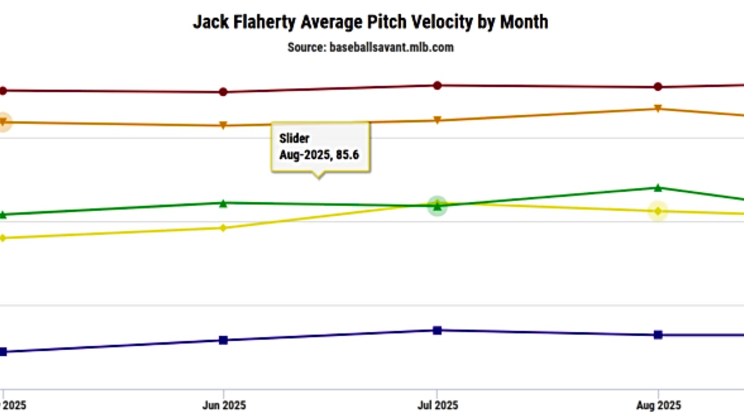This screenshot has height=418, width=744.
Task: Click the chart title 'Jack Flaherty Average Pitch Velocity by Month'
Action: click(x=371, y=22)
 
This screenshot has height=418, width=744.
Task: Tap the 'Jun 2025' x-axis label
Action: click(x=224, y=405)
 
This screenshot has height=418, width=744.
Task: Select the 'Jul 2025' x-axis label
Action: click(x=438, y=405)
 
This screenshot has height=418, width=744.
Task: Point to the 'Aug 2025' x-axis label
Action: click(x=658, y=405)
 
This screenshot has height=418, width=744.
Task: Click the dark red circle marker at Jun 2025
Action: click(x=223, y=92)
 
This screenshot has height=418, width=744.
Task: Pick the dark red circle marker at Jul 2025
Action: click(x=437, y=85)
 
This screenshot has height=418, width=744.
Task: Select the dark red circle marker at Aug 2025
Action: click(x=658, y=87)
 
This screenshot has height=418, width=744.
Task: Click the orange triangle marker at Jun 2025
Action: click(x=223, y=125)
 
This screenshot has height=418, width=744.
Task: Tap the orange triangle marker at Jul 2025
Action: click(x=437, y=120)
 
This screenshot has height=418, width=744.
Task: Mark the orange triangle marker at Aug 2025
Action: click(x=658, y=109)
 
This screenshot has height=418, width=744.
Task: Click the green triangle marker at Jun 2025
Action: click(x=223, y=203)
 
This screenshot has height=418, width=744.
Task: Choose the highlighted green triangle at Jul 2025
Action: click(x=437, y=206)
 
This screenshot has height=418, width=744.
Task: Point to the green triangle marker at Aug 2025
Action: click(x=658, y=188)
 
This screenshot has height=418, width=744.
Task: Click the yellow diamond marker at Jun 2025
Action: click(x=223, y=228)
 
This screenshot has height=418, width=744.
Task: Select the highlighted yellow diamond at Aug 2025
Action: click(x=658, y=211)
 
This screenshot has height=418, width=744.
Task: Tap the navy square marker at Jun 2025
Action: click(x=223, y=340)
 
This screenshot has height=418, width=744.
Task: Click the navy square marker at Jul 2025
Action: click(x=437, y=331)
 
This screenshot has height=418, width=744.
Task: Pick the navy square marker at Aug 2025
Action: click(x=658, y=335)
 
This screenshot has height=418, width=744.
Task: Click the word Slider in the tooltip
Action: click(x=294, y=138)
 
